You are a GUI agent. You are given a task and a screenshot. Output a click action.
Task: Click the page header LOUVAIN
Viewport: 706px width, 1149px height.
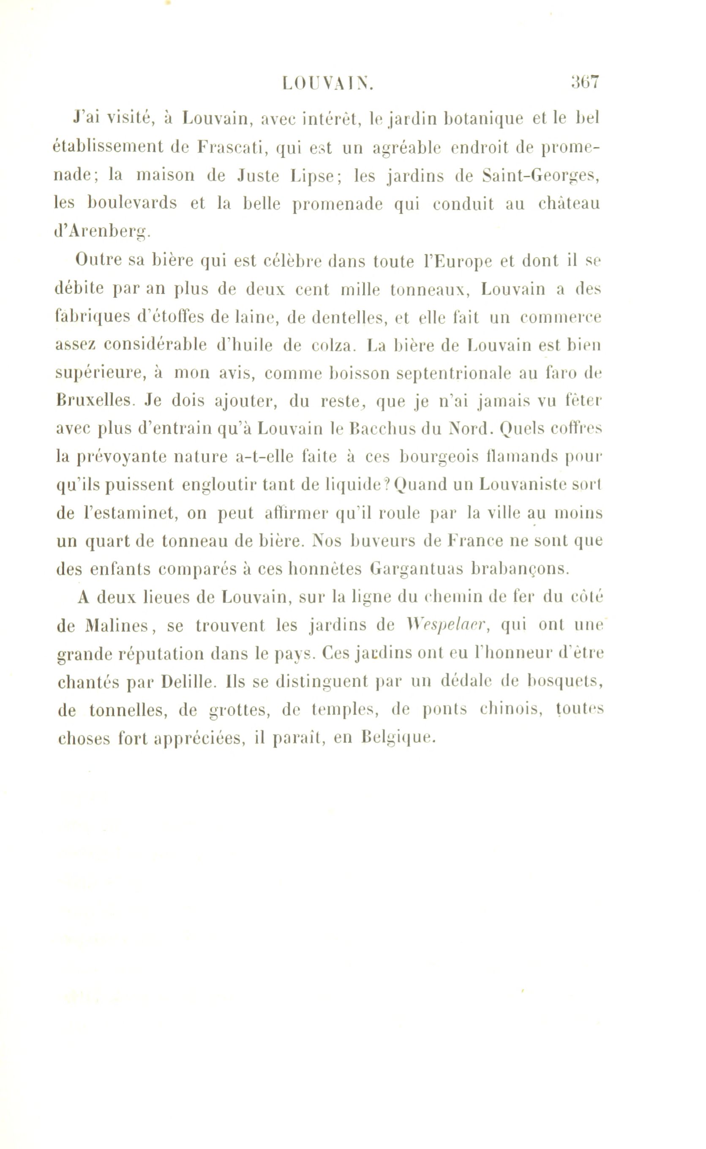click(x=328, y=84)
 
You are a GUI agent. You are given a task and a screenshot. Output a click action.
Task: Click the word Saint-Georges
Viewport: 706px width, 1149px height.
click(x=541, y=177)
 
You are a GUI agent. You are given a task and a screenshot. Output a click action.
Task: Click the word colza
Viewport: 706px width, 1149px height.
click(x=333, y=346)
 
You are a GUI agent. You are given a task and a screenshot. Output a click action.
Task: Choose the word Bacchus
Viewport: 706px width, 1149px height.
click(x=379, y=428)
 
